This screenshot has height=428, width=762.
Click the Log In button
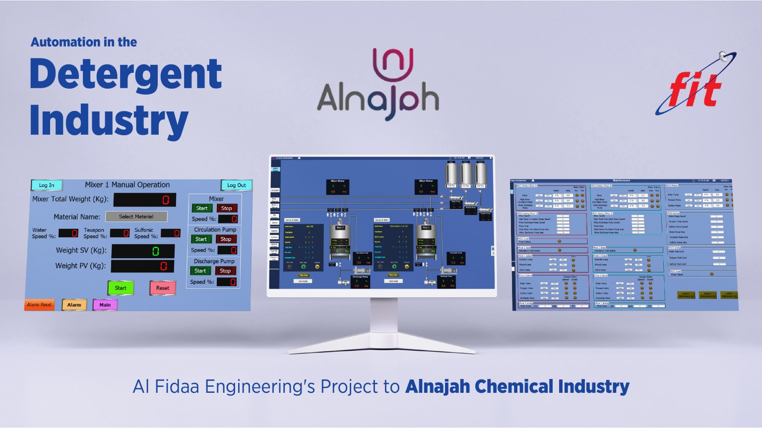pos(47,185)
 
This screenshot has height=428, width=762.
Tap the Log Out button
pos(236,185)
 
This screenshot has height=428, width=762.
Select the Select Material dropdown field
pos(136,216)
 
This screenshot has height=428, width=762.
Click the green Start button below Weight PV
pos(121,288)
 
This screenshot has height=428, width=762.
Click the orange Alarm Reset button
pos(39,305)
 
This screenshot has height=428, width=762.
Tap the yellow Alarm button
pos(74,305)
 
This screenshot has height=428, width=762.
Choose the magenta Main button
pos(105,305)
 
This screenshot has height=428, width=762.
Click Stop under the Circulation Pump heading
pos(226,239)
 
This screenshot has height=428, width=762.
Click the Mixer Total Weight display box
pos(144,200)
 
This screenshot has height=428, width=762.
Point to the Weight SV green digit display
pos(143,251)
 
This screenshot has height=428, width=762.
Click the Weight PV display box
pos(143,267)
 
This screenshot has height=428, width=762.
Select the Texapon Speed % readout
pos(120,233)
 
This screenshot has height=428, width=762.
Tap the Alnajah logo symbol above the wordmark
pos(393,64)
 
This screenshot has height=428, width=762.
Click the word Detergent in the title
pos(126,74)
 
